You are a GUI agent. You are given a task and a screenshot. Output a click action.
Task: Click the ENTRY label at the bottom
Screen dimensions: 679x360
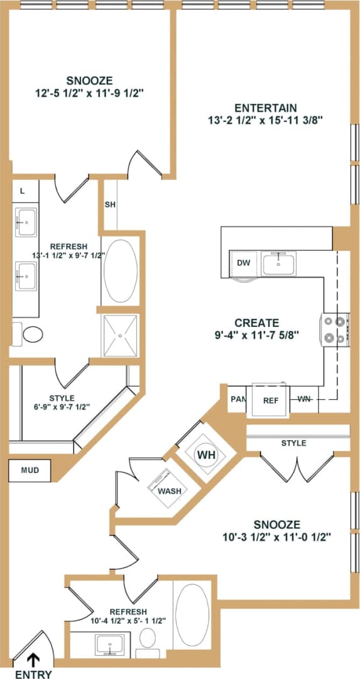click(x=32, y=674)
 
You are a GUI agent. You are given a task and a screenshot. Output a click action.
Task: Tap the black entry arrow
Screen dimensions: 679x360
click(x=33, y=660)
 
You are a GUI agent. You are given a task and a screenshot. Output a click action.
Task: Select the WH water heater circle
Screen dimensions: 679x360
click(x=207, y=454)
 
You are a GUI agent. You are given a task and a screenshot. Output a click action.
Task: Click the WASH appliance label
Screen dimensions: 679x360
click(x=170, y=490)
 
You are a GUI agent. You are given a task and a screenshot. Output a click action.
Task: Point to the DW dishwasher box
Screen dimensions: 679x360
click(x=244, y=263)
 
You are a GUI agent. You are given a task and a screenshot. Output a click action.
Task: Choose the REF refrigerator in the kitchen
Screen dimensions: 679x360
click(x=270, y=400)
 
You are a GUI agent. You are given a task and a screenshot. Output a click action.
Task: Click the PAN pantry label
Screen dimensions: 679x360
click(x=237, y=399)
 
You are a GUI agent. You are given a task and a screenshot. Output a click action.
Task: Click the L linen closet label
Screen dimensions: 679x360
click(x=23, y=191)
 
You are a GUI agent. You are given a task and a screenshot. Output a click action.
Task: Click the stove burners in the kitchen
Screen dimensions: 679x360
click(x=335, y=330)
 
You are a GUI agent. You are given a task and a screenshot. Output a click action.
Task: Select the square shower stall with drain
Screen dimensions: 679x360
click(x=119, y=336)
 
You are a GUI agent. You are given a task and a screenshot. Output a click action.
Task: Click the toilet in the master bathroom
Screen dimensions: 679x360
click(x=28, y=333)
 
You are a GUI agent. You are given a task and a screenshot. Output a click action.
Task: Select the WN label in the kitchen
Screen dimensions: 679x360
click(x=305, y=399)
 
